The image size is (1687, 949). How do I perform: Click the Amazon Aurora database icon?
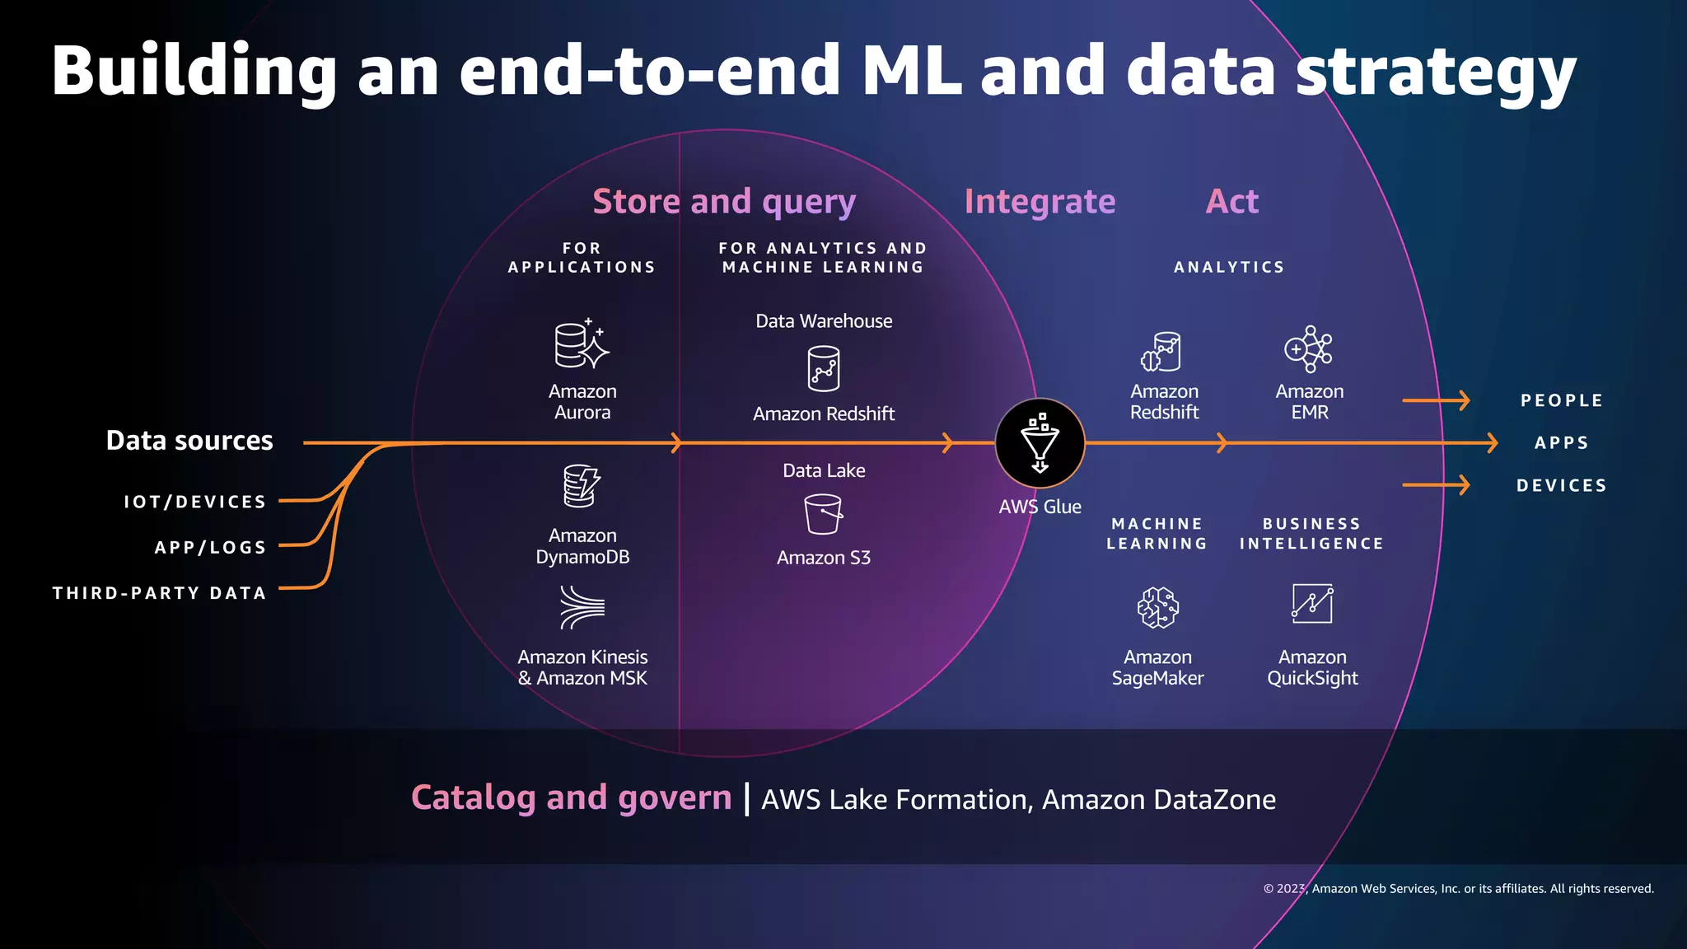point(582,344)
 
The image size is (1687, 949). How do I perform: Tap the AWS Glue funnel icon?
point(1040,443)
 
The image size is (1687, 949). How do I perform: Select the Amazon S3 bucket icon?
point(823,514)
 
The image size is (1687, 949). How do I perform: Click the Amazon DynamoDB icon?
point(582,486)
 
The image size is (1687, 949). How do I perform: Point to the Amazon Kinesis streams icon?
point(582,608)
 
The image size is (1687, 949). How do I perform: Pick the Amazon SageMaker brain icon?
point(1157,608)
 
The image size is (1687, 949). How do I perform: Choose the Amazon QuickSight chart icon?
point(1311,605)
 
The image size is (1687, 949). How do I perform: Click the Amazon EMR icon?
point(1309,349)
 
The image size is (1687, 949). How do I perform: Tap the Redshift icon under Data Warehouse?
point(823,368)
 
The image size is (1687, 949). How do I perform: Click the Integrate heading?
point(1040,202)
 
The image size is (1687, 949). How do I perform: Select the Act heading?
point(1232,202)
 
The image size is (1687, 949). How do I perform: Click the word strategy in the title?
point(1435,72)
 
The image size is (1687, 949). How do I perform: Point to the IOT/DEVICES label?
point(195,502)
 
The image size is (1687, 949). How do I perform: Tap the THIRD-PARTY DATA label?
point(160,593)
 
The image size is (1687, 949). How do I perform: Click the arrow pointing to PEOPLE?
point(1437,400)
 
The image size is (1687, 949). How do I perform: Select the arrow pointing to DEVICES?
point(1437,485)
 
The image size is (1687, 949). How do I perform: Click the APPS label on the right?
point(1561,443)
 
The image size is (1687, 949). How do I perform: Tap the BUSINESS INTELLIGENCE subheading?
point(1311,534)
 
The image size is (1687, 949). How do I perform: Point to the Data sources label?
point(189,441)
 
